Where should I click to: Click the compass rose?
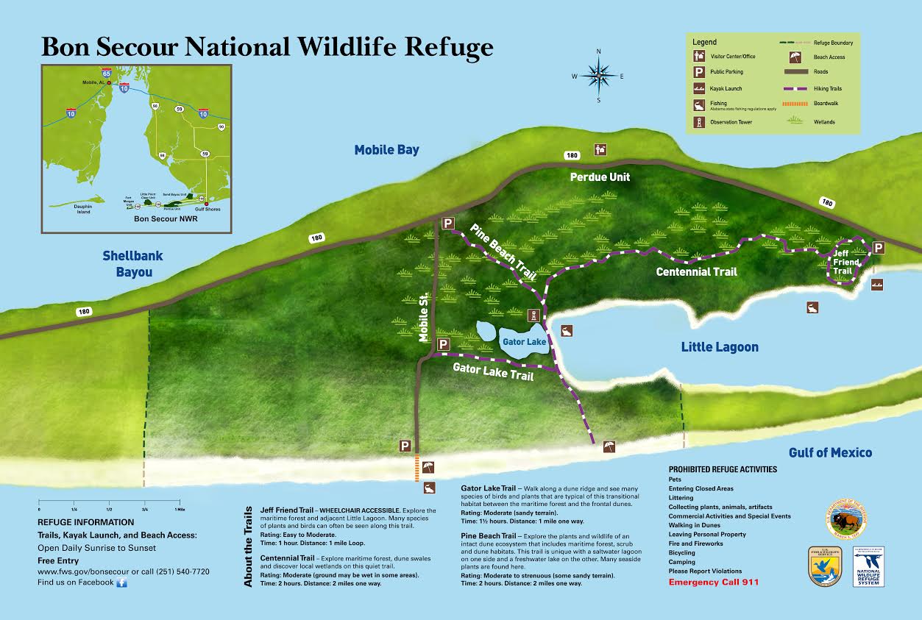click(x=600, y=75)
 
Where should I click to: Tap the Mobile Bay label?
click(x=386, y=150)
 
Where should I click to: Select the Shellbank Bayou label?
click(x=132, y=264)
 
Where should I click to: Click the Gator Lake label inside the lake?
click(x=523, y=342)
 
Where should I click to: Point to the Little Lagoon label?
click(x=719, y=347)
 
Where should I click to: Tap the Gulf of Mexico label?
click(x=830, y=452)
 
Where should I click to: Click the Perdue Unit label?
click(x=600, y=177)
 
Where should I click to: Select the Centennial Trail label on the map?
click(x=696, y=272)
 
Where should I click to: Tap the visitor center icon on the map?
click(x=600, y=149)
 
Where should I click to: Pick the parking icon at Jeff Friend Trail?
click(x=878, y=248)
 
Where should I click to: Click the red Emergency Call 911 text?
click(x=713, y=582)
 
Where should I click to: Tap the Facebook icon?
click(x=122, y=582)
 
